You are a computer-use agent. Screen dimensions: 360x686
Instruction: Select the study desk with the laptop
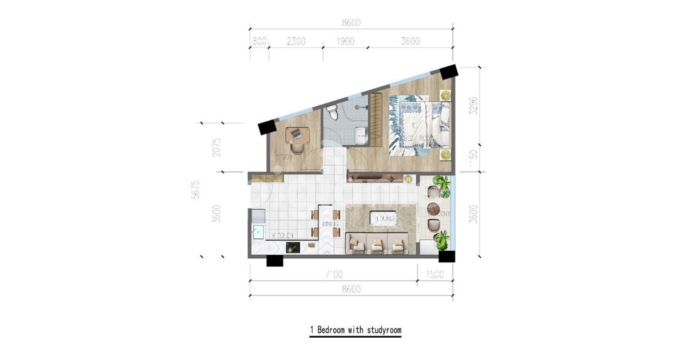click(297, 135)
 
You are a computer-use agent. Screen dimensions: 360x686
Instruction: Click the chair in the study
click(298, 149)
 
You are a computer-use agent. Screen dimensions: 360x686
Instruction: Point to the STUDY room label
click(285, 157)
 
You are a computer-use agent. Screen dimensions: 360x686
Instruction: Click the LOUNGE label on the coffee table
click(384, 218)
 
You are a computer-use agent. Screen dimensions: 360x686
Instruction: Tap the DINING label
click(330, 225)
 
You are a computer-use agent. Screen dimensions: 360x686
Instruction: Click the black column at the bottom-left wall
click(275, 261)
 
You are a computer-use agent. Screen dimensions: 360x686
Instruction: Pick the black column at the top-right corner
click(448, 73)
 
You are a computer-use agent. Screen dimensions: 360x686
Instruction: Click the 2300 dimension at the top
click(296, 41)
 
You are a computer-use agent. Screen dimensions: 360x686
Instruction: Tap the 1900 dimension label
click(345, 41)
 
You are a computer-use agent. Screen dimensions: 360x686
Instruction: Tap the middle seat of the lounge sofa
click(378, 245)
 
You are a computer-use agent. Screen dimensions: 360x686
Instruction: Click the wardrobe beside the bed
click(376, 121)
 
